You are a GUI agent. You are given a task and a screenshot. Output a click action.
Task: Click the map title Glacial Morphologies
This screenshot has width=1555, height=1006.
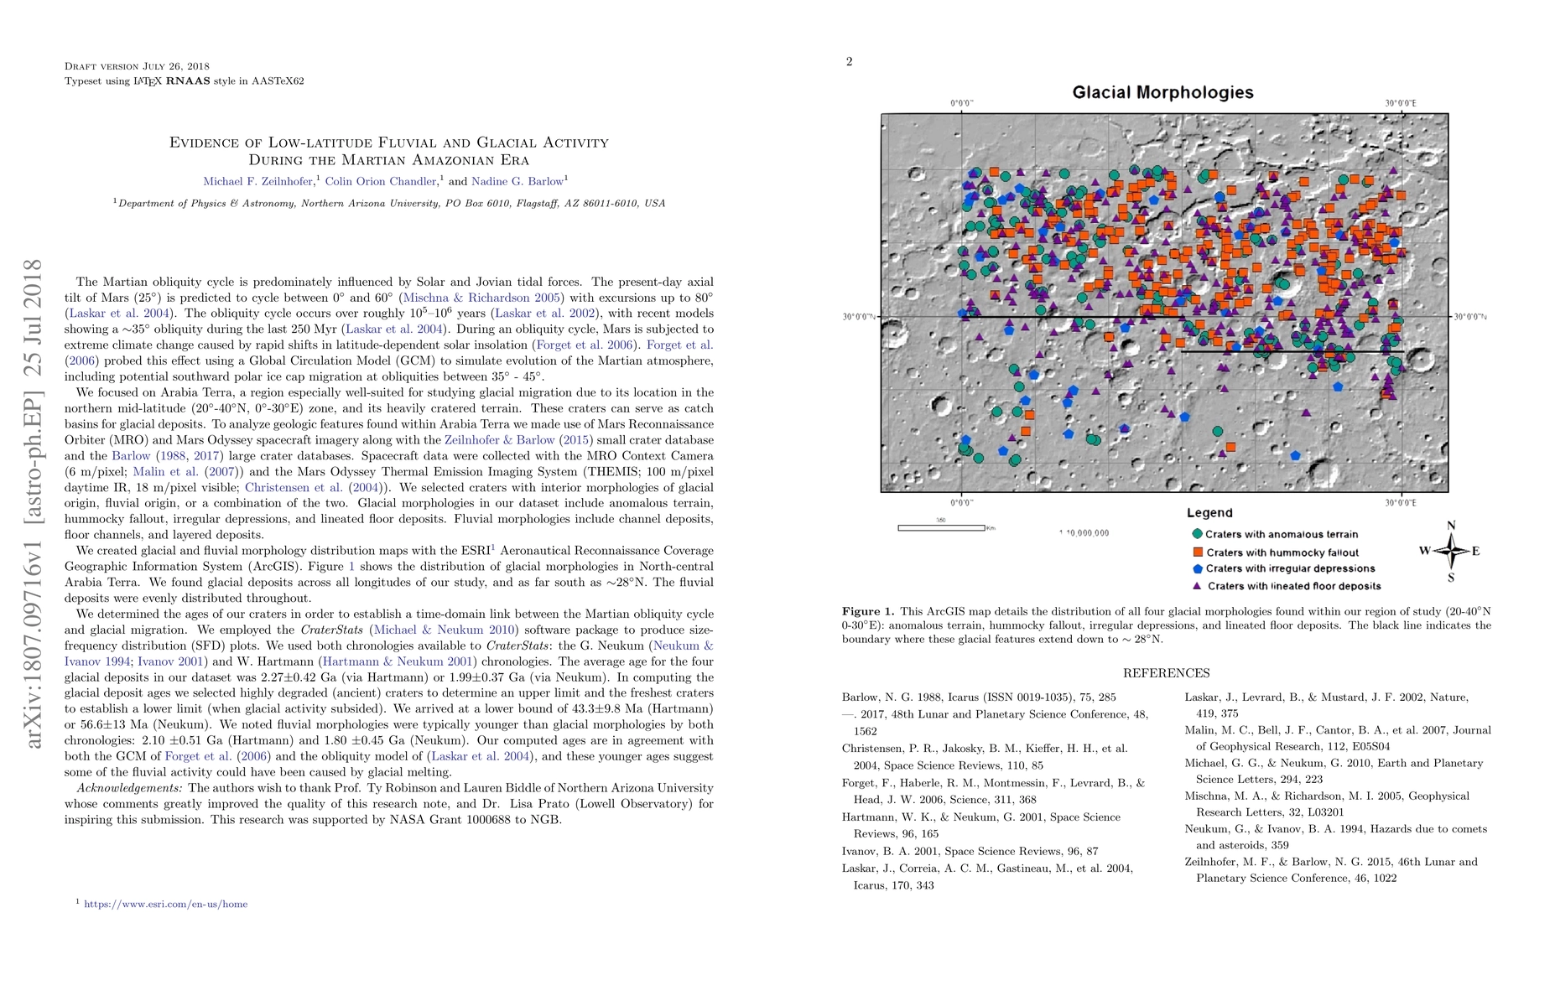click(1162, 92)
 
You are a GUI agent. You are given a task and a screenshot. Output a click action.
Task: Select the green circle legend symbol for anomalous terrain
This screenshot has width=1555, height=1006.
click(1198, 533)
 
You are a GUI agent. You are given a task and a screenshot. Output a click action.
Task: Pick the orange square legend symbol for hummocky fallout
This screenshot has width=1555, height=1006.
click(1198, 552)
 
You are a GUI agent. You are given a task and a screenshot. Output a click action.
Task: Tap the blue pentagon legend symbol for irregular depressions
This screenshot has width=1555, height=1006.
click(1198, 568)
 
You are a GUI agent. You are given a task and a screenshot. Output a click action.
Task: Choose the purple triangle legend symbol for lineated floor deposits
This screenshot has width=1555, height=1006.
click(1198, 586)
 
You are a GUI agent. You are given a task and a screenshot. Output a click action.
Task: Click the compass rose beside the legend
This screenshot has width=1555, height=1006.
click(1451, 551)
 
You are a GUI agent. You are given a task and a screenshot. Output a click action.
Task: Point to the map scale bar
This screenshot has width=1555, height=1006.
click(941, 527)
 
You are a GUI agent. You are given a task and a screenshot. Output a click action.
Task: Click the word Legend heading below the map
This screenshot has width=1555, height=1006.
click(1209, 513)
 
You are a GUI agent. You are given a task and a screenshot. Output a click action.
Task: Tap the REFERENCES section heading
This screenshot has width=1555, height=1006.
click(1166, 673)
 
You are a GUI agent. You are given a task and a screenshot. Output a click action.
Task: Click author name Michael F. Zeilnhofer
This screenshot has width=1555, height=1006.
click(258, 181)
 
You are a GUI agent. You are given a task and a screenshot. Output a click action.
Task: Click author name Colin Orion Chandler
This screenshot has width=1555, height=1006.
click(381, 181)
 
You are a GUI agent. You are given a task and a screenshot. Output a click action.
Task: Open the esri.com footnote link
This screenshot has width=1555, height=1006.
click(165, 904)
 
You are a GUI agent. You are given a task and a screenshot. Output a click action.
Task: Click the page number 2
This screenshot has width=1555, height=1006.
click(849, 61)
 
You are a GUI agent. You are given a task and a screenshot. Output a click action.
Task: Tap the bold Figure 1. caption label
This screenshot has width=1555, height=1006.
click(868, 611)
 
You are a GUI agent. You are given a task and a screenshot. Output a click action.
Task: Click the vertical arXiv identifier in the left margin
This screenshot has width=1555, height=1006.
click(34, 503)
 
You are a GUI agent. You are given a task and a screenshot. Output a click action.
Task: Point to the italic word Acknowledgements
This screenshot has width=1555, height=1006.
click(129, 788)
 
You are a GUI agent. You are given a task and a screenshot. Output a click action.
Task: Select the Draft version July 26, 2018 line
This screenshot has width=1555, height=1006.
click(137, 66)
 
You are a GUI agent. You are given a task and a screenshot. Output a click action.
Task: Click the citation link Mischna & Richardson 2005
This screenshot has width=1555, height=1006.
click(482, 298)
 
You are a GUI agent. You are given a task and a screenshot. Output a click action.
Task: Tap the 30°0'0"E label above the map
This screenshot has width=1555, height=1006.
click(1401, 104)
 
